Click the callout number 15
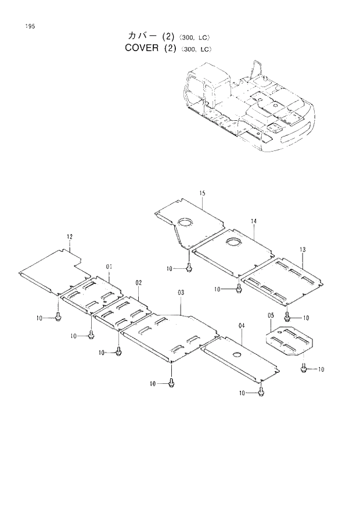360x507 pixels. click(x=202, y=193)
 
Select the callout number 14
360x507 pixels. click(x=254, y=221)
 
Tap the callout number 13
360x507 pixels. click(x=302, y=249)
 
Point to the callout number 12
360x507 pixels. click(x=70, y=237)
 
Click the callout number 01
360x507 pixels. click(x=109, y=267)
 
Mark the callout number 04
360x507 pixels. click(x=241, y=326)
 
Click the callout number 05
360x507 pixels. click(x=271, y=315)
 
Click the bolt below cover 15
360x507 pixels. click(x=190, y=268)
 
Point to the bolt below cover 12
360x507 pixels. click(x=59, y=317)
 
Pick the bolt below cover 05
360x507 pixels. click(x=304, y=369)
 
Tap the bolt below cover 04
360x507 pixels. click(x=261, y=393)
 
